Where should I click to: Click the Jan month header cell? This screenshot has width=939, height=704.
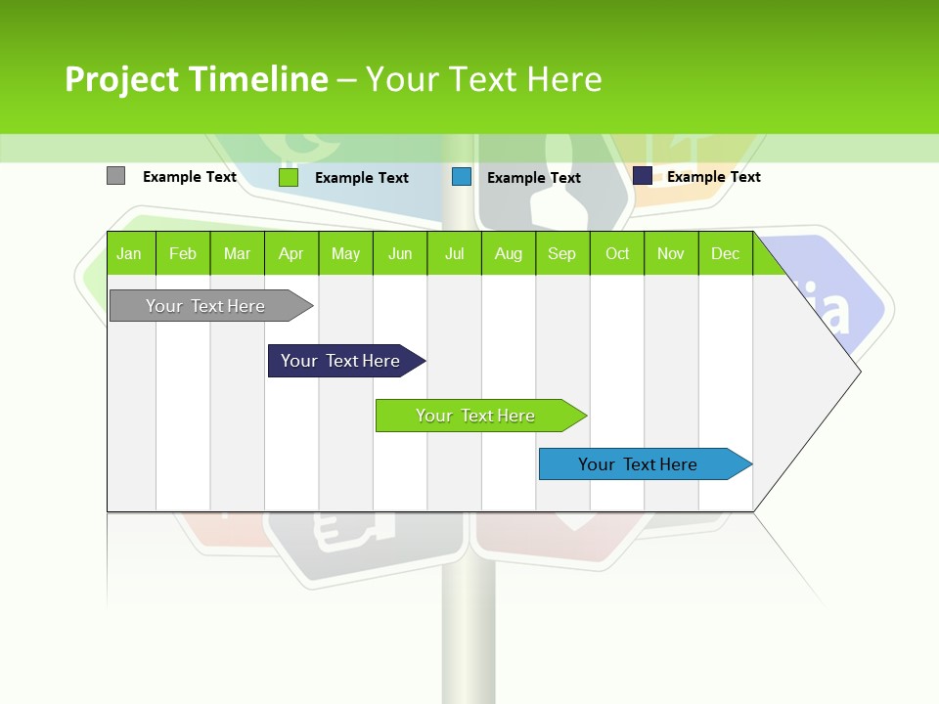129,254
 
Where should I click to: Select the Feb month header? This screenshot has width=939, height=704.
183,254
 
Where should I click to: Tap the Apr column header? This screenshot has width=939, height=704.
291,254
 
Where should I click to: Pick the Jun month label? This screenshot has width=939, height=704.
400,254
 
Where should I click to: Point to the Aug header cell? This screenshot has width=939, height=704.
508,254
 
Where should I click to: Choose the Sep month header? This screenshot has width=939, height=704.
561,254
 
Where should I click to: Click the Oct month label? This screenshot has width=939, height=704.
617,254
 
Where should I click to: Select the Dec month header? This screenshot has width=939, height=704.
725,254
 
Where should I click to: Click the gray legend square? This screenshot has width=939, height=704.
115,176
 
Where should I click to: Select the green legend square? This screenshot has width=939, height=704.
289,177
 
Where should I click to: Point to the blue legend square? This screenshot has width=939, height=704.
462,177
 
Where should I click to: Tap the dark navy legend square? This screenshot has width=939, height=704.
643,176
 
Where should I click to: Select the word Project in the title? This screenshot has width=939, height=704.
122,79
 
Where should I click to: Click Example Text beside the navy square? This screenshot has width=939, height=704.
713,177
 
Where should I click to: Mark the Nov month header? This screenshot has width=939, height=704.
671,254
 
